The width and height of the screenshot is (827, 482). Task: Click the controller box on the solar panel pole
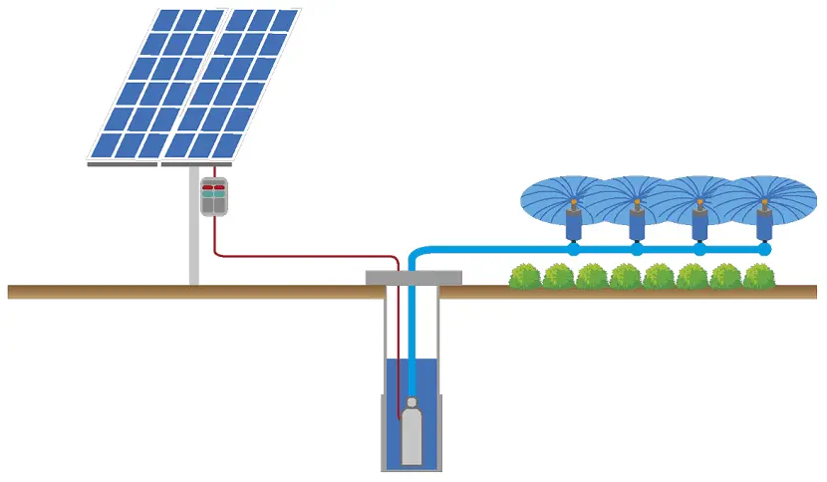click(215, 196)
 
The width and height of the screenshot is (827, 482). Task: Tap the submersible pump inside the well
click(411, 433)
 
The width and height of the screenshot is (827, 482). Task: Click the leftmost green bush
click(525, 277)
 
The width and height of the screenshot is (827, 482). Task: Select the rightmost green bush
click(759, 276)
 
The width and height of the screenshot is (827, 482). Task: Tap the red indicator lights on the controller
click(214, 186)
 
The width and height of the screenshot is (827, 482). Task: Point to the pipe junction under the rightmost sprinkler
click(764, 250)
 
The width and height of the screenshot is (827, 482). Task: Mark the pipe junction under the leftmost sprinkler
click(573, 250)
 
